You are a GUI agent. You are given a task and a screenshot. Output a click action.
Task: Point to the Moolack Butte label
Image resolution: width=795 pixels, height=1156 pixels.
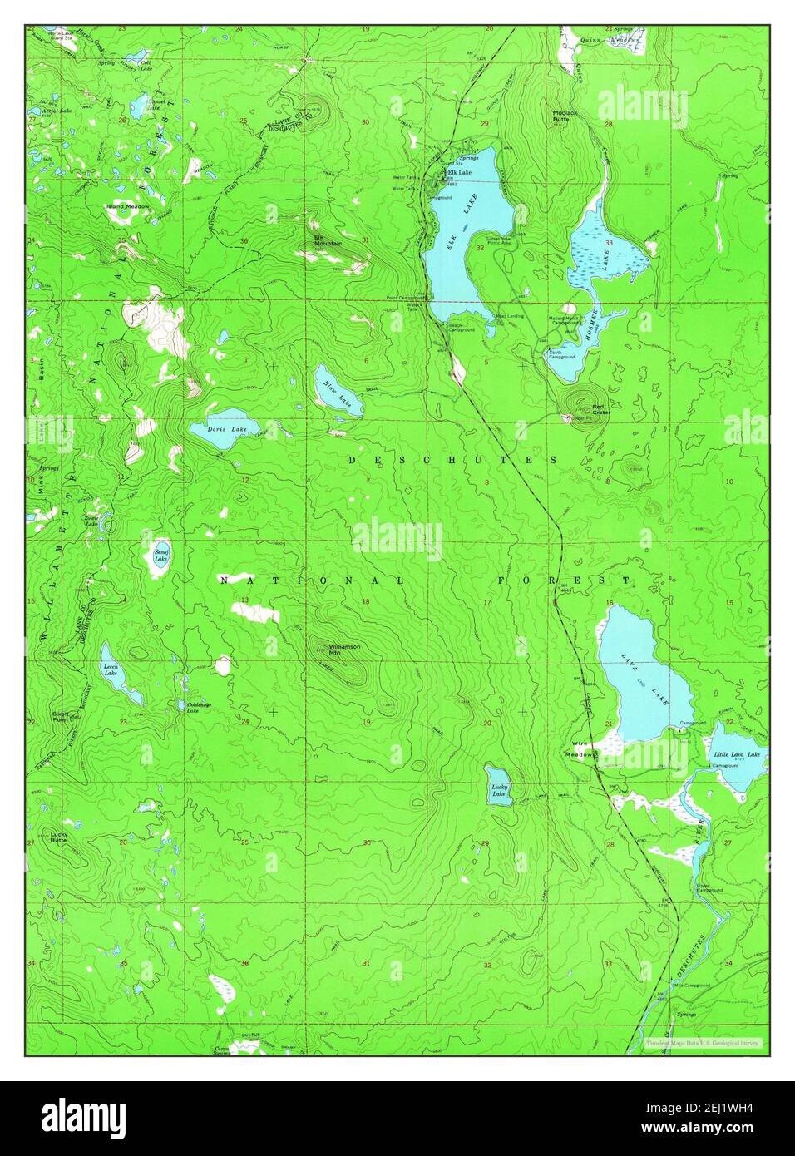tap(568, 115)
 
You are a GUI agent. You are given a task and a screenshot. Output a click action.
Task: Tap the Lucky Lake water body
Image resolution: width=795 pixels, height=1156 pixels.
tap(500, 786)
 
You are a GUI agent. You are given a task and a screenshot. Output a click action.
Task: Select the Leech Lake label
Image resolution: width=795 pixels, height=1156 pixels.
tap(109, 669)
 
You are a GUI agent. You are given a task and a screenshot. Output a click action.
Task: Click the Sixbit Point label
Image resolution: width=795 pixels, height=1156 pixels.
tap(61, 716)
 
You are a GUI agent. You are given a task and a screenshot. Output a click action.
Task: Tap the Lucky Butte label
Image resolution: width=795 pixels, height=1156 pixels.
tap(58, 837)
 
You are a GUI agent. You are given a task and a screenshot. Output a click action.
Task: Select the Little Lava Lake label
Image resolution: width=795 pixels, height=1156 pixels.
tap(737, 754)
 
